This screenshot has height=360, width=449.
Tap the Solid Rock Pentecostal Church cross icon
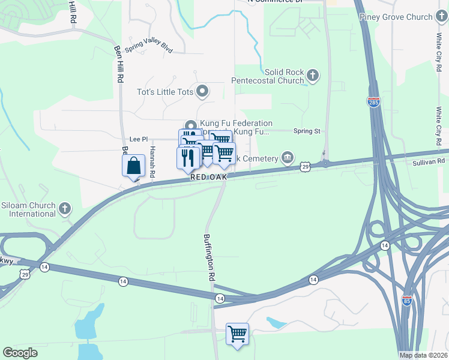[x=312, y=76]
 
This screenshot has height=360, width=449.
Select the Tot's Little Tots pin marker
[x=202, y=92]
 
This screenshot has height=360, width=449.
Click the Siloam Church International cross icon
[x=65, y=209]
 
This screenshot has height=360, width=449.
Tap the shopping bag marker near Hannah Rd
[x=133, y=166]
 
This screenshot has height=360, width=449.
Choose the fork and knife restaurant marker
[x=188, y=158]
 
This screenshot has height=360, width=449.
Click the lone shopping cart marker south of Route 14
[x=237, y=334]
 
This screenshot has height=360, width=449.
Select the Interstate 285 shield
[x=373, y=102]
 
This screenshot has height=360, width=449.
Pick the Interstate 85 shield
[x=407, y=301]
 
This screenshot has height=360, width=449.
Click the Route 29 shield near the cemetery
[x=305, y=167]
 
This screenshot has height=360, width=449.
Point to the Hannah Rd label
[x=152, y=162]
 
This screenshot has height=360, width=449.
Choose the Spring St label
[x=307, y=131]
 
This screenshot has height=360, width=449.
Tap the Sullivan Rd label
[x=429, y=161]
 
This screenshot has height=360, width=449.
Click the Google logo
[x=20, y=353]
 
